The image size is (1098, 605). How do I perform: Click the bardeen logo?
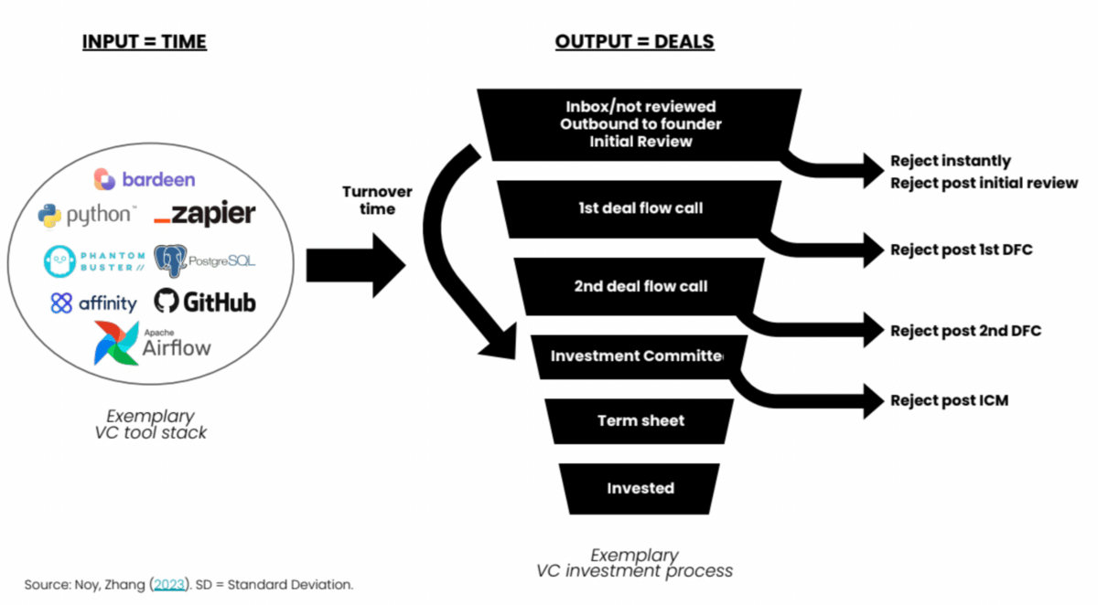click(144, 178)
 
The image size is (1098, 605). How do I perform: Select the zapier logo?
click(204, 216)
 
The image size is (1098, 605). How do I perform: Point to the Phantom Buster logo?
click(93, 261)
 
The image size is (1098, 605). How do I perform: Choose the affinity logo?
click(93, 303)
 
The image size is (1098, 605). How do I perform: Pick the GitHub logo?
click(205, 302)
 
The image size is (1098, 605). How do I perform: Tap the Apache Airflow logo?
click(152, 343)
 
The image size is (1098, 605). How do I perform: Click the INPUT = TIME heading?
click(144, 42)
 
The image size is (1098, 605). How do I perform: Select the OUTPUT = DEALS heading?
click(634, 42)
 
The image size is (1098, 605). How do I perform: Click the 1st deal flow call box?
click(640, 208)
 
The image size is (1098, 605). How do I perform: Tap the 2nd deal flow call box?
click(640, 287)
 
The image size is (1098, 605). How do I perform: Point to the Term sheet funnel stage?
click(640, 420)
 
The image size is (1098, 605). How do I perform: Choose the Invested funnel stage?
click(640, 488)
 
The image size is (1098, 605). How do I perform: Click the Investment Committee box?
click(638, 356)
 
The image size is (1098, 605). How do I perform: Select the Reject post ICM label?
click(949, 400)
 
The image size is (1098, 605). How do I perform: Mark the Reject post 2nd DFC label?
click(965, 331)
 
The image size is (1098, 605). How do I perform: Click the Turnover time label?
click(377, 200)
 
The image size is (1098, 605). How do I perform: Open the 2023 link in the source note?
click(168, 584)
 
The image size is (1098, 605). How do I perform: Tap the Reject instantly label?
click(950, 161)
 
